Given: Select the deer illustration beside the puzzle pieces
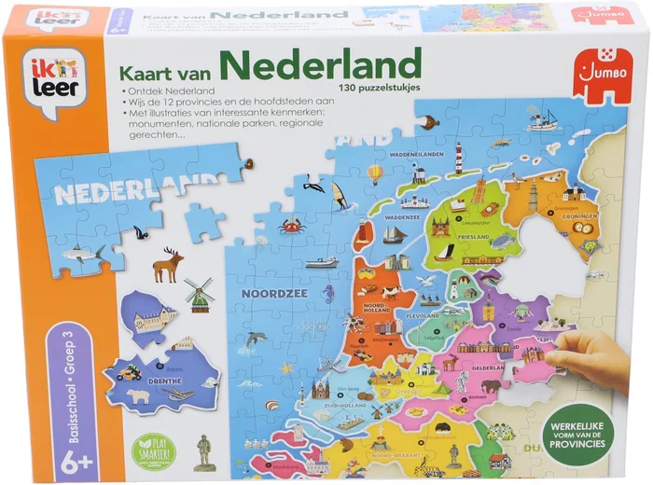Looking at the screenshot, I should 169,264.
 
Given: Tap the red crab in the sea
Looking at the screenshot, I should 290,224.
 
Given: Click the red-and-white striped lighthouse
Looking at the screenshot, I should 458,158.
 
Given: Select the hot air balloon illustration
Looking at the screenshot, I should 375,173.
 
